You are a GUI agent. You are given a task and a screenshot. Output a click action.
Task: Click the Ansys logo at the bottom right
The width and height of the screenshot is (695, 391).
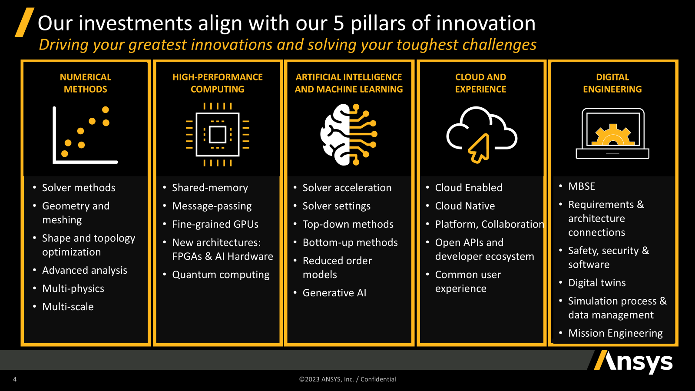633,361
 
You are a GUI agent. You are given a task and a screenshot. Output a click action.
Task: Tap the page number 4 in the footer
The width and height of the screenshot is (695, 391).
15,379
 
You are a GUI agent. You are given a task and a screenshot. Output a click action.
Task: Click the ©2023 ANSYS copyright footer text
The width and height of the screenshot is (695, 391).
347,379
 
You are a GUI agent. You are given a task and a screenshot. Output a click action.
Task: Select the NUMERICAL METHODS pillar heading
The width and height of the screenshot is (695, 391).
85,83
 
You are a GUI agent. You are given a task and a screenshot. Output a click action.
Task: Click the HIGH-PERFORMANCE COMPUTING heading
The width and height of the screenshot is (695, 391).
218,83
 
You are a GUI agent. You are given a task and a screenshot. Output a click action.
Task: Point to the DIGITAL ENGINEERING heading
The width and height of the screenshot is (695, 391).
612,83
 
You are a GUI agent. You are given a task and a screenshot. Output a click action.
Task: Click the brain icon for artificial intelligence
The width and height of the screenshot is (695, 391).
349,134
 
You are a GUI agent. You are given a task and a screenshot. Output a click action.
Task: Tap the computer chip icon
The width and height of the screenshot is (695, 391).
218,134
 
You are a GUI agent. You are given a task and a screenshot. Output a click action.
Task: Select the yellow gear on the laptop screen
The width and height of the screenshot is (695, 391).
612,135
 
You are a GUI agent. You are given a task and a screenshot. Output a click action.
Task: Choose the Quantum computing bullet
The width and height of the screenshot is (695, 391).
221,275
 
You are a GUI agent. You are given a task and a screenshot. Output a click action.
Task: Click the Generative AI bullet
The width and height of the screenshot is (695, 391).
334,293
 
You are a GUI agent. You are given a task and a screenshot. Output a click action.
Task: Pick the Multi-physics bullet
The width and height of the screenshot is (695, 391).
73,289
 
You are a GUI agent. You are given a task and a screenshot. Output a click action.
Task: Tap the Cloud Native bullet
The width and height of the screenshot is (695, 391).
465,206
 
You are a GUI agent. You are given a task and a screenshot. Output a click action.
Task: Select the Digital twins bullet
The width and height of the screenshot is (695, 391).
597,283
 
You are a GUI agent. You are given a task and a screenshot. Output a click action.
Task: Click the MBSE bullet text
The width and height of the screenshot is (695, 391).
582,186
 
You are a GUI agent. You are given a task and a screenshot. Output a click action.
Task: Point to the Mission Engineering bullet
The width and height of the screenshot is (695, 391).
615,333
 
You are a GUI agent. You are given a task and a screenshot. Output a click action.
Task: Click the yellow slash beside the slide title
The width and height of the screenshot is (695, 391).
24,22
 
